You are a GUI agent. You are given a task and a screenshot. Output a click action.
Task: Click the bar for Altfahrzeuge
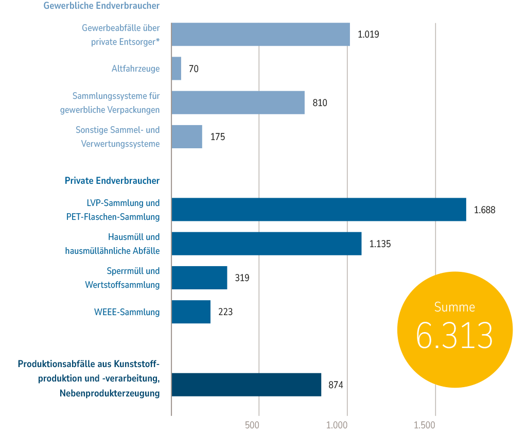176,68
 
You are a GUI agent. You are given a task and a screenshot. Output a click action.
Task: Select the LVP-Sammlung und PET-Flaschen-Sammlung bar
319,210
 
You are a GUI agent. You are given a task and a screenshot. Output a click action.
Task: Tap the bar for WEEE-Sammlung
191,312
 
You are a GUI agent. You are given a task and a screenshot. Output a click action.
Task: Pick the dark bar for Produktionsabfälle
246,385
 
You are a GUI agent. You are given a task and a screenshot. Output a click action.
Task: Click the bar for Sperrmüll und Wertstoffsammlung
199,278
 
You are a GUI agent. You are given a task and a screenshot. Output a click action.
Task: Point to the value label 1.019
368,35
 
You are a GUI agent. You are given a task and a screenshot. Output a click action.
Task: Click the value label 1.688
484,210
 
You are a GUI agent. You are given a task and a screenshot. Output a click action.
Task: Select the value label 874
336,385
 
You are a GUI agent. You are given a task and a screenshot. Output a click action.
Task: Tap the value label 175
218,137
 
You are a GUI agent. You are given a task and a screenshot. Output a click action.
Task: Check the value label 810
320,103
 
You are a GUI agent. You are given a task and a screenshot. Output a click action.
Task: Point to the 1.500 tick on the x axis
425,425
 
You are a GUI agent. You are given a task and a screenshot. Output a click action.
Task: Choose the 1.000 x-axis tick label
338,425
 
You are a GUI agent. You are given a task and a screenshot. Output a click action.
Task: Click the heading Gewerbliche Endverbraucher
101,6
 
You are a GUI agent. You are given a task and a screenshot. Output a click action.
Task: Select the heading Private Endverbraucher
112,181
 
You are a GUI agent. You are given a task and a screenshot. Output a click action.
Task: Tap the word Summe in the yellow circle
454,307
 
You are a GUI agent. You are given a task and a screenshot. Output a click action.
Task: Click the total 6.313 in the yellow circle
454,336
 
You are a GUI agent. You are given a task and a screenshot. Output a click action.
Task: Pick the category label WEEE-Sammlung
127,312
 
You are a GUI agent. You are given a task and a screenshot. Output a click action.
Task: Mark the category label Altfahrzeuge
135,68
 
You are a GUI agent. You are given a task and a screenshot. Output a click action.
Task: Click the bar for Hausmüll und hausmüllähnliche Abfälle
266,244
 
